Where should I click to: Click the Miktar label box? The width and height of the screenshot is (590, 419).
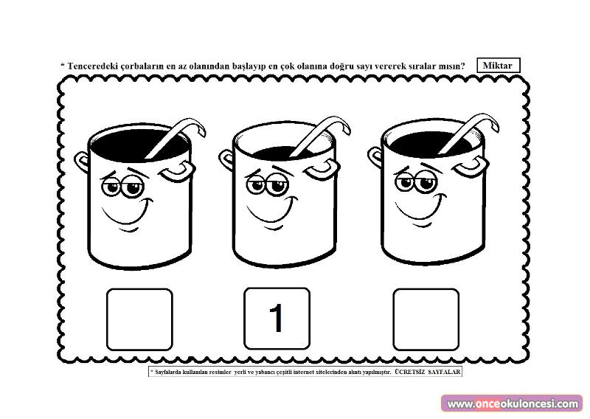(499, 65)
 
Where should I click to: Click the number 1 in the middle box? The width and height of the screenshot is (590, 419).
(277, 318)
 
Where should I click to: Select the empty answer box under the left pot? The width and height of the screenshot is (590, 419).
(139, 319)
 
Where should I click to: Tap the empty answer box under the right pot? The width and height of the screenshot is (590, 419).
(426, 319)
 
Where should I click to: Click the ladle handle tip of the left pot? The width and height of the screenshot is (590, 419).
(202, 131)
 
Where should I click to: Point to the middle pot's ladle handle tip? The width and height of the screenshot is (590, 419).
(347, 129)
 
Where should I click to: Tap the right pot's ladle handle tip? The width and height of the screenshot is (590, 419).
(496, 126)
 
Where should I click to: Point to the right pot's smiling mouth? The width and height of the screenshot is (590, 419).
(420, 210)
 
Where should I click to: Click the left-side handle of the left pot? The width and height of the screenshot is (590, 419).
(80, 162)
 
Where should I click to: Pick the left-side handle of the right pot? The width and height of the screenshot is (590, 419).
(375, 156)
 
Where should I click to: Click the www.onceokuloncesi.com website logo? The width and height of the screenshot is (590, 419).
(512, 404)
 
